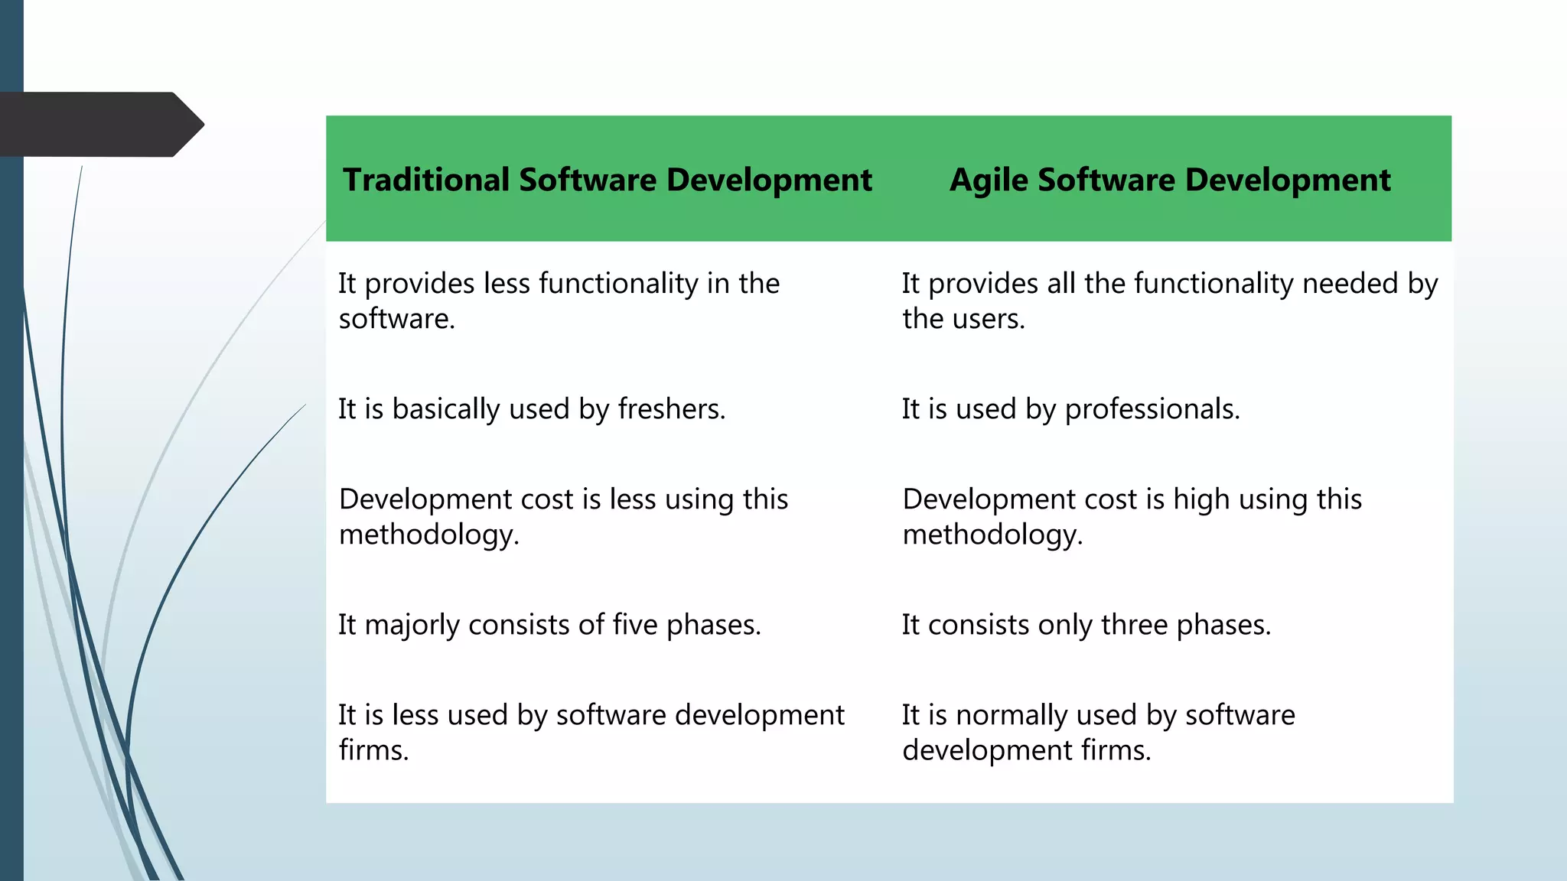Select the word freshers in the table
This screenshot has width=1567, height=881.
tap(670, 409)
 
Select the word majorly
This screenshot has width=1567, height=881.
tap(412, 626)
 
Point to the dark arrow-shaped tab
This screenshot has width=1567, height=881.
tap(99, 124)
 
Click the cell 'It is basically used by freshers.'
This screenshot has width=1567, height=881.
tap(532, 409)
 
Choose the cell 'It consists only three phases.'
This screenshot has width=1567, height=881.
tap(1086, 625)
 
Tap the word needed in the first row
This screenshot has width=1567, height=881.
tap(1350, 284)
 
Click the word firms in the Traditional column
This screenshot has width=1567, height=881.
tap(373, 750)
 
